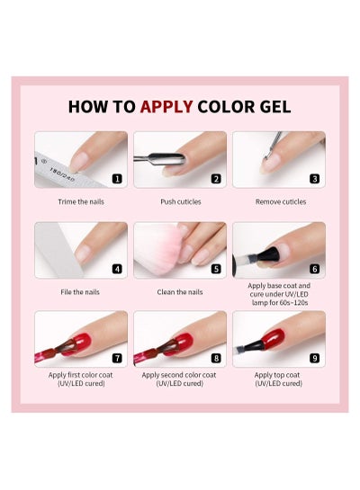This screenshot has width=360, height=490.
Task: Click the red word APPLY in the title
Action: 166,107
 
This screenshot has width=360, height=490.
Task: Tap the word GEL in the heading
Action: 275,107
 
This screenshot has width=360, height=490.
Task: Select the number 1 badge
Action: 117,179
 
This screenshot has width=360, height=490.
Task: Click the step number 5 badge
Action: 216,269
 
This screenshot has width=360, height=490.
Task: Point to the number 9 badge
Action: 315,358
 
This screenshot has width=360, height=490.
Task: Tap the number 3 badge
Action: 315,179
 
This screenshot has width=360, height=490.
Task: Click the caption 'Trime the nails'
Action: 81,202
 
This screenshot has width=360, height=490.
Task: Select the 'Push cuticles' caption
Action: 181,202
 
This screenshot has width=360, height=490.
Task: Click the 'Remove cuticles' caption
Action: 281,202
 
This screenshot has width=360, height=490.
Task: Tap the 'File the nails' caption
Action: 80,292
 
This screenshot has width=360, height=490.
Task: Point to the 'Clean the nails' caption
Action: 180,292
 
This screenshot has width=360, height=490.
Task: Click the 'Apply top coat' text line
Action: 277,375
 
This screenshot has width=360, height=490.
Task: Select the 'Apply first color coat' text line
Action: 80,375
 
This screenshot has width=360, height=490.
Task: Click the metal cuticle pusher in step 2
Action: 159,159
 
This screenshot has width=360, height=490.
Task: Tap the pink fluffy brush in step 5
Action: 157,248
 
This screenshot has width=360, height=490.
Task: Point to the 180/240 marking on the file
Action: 62,175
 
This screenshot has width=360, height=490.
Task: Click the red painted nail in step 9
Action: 274,339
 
